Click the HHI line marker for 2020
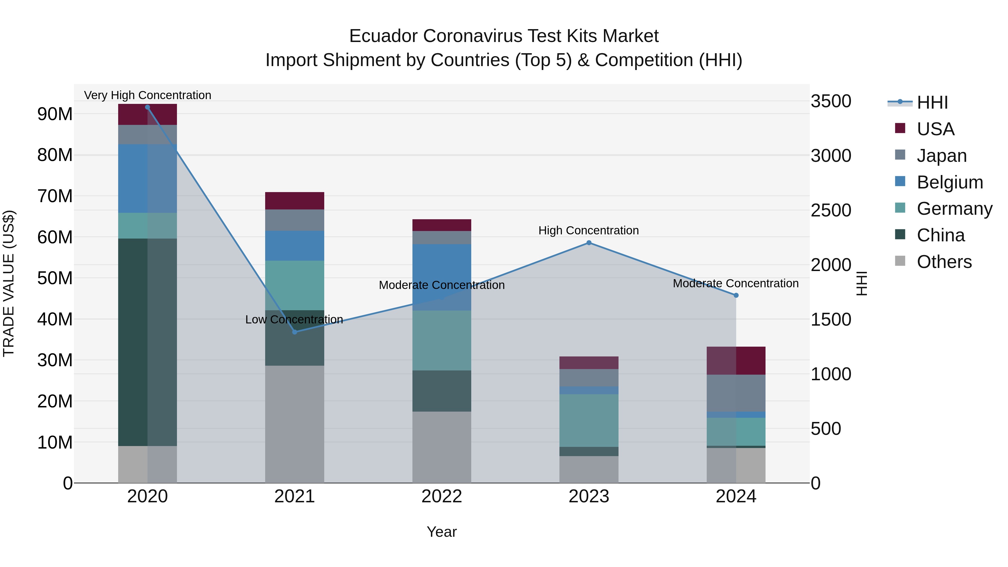(148, 107)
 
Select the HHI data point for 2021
(295, 332)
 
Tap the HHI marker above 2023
(589, 243)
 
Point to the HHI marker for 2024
(736, 295)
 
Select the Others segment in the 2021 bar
(295, 424)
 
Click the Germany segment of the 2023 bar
(589, 421)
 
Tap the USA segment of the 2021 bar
(295, 201)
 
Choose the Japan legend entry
(941, 156)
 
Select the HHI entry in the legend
(932, 102)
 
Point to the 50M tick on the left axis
(55, 278)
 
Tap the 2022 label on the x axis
(442, 496)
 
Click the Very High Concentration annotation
(148, 95)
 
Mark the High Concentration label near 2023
(589, 230)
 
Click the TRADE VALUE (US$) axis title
(9, 283)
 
